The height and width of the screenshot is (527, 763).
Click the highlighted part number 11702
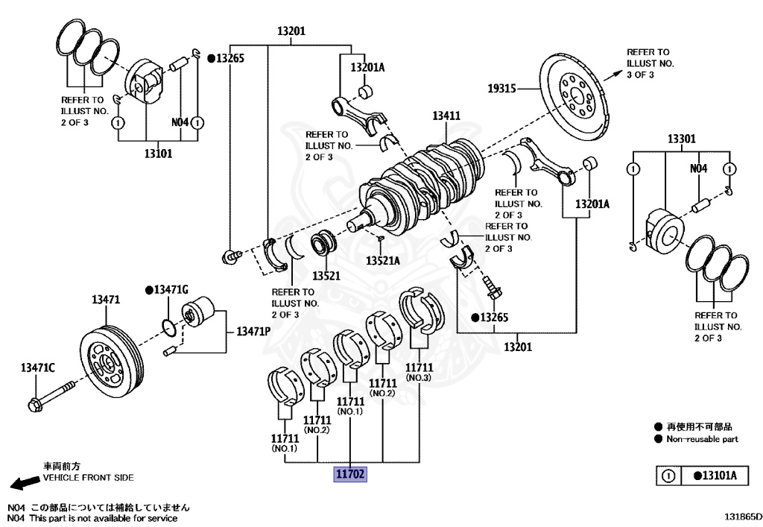coord(350,473)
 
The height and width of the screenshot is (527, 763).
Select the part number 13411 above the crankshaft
coord(446,116)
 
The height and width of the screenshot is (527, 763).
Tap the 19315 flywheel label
coord(501,89)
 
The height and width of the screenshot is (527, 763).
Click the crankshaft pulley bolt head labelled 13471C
coord(34,404)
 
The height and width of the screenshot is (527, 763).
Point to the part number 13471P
coord(253,332)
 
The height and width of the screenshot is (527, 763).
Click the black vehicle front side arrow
coord(25,482)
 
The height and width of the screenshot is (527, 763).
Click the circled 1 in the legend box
coord(668,476)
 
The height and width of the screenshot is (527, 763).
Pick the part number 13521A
coord(383,261)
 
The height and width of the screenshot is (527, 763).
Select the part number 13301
coord(681,139)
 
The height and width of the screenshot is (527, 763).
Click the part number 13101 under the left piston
coord(158,154)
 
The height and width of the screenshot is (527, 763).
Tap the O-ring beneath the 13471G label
coord(168,328)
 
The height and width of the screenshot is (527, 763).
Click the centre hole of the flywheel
coord(576,96)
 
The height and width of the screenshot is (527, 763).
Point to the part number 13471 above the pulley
coord(106,300)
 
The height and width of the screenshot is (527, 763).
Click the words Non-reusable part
coord(702,439)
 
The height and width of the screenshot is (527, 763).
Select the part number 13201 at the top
coord(291,31)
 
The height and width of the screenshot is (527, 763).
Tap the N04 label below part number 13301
coord(698,168)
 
